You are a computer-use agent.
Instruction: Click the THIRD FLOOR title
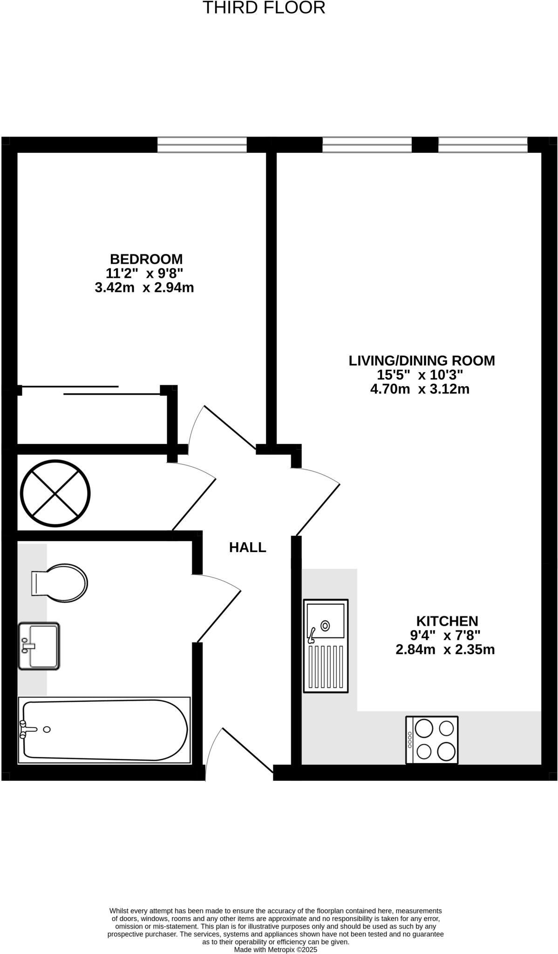tap(264, 8)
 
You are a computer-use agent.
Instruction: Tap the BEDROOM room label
tap(146, 259)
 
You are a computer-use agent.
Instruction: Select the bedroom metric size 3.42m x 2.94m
tap(144, 288)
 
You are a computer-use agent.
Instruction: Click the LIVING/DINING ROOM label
tap(422, 361)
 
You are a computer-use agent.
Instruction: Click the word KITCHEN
tap(447, 621)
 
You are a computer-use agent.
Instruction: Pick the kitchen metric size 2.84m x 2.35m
tap(445, 649)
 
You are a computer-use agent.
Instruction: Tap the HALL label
tap(247, 548)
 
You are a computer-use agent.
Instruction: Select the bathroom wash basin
tap(39, 646)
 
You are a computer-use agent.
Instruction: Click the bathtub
tap(104, 730)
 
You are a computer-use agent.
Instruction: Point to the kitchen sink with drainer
tap(326, 645)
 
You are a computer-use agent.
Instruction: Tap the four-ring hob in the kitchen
tap(432, 740)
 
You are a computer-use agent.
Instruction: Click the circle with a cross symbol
tap(55, 493)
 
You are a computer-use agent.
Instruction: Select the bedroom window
tap(202, 145)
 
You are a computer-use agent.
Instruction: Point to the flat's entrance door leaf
tap(247, 750)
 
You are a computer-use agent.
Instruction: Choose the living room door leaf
tap(318, 510)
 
